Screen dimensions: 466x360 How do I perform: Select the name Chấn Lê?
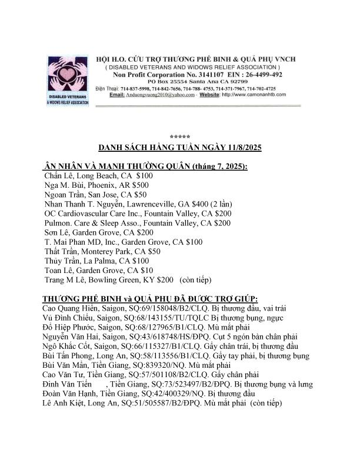[58, 175]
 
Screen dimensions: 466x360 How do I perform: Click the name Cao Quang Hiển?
[68, 308]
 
